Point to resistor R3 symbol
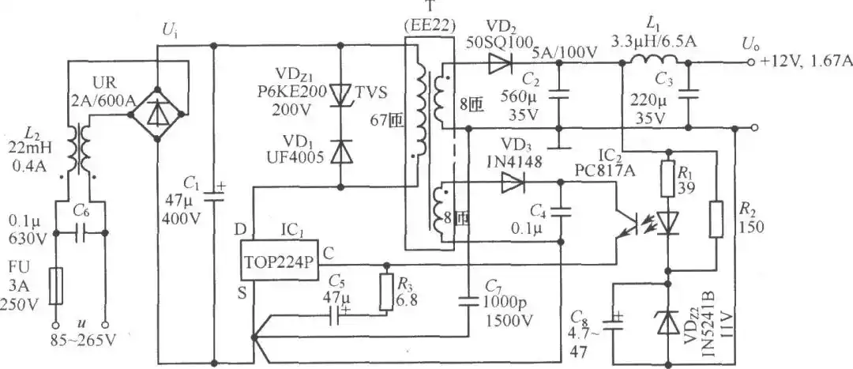pyautogui.click(x=387, y=293)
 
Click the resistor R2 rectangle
pyautogui.click(x=717, y=220)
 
